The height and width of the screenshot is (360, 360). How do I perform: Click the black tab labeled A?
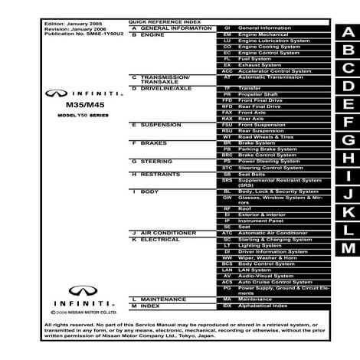(x=349, y=32)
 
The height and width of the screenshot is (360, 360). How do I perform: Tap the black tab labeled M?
(x=349, y=248)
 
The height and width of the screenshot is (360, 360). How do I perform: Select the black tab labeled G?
(x=349, y=141)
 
